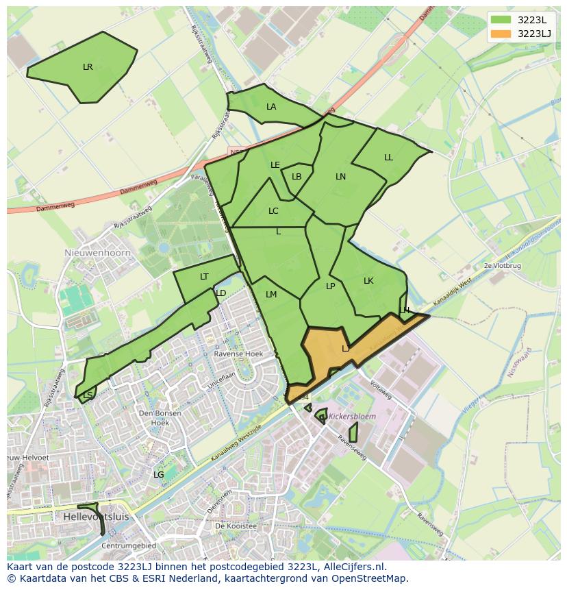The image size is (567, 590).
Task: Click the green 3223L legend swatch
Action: [501, 19]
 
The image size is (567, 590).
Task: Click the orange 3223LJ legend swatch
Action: [501, 34]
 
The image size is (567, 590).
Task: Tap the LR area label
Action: [88, 67]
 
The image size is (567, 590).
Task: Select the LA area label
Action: [271, 107]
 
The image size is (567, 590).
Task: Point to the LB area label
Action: [297, 177]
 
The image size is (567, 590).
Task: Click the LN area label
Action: [340, 177]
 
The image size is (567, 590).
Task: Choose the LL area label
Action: [388, 158]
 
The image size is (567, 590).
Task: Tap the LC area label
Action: [273, 211]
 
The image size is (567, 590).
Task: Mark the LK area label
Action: [368, 281]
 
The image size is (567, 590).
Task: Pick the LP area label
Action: [330, 286]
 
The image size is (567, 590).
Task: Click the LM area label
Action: [271, 295]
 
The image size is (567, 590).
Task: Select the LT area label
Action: [204, 277]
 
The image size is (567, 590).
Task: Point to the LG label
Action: [158, 474]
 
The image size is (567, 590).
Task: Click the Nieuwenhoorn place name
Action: [92, 252]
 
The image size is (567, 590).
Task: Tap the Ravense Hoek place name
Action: [238, 354]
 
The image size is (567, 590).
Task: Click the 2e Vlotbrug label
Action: [502, 265]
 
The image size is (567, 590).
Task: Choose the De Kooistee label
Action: [236, 526]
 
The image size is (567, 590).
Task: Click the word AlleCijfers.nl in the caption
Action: [351, 567]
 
